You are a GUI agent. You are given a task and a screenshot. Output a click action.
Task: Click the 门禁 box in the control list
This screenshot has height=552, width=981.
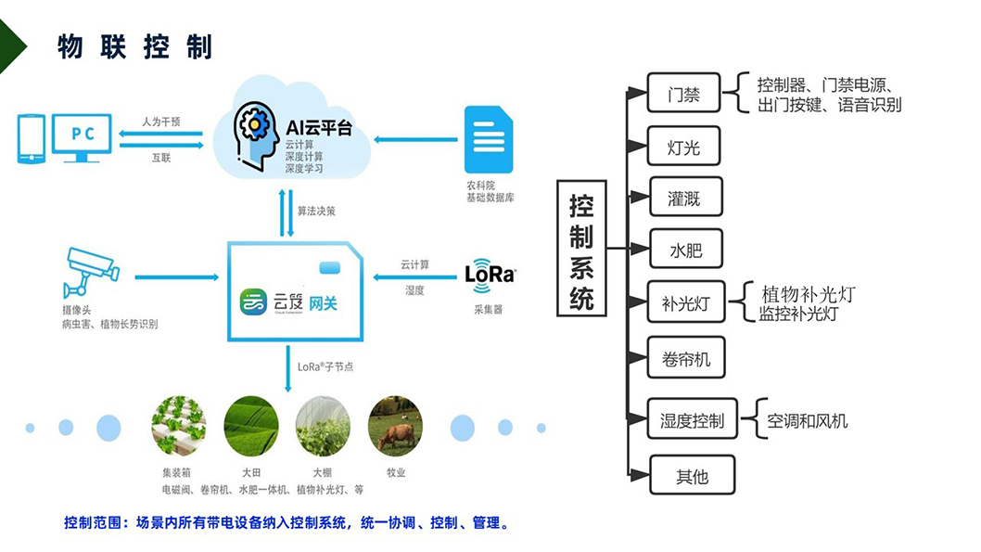684,95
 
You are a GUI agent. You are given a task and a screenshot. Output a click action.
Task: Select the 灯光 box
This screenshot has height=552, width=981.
684,147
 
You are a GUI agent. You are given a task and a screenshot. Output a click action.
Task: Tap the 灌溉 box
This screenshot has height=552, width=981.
684,199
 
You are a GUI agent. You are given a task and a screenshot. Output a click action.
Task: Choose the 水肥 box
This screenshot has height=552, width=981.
686,250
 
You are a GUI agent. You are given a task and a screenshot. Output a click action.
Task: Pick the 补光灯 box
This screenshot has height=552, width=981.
686,302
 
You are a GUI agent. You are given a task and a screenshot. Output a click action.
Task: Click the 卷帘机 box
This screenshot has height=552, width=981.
686,357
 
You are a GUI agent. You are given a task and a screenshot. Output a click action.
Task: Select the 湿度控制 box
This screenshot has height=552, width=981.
692,420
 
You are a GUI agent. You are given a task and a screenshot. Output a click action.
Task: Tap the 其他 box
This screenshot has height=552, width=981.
692,476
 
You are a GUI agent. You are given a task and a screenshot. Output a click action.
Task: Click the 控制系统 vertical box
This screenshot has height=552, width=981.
581,250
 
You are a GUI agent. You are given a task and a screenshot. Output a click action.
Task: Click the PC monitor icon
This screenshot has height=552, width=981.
82,136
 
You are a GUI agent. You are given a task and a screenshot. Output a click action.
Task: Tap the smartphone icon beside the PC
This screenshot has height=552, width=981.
32,138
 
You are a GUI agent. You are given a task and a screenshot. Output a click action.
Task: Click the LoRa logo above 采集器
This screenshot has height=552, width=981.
490,275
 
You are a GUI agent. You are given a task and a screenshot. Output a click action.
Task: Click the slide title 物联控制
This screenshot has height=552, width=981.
135,46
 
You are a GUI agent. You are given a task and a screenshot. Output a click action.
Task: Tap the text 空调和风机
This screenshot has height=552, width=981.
807,421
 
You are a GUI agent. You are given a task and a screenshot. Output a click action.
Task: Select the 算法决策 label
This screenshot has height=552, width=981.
316,211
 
